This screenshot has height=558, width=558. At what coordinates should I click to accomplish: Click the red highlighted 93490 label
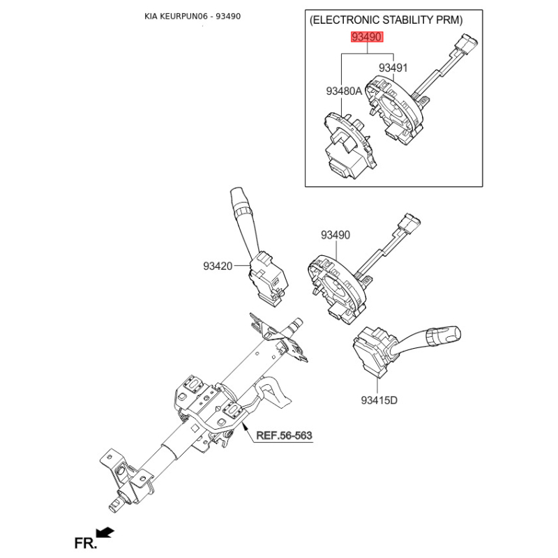(x=367, y=37)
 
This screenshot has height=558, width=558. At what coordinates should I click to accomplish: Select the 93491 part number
(x=393, y=68)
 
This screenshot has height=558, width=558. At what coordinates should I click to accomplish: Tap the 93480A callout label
(x=344, y=91)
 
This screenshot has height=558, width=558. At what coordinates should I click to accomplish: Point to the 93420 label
(x=218, y=266)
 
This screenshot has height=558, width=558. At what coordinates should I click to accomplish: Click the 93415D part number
(x=379, y=400)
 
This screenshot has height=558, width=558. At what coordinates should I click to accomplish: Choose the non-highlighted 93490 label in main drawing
(x=335, y=235)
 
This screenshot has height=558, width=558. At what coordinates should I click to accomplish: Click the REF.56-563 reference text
(x=284, y=435)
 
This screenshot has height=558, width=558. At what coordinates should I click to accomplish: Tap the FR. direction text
(x=85, y=543)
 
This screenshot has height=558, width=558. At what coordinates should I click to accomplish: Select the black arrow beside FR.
(x=105, y=533)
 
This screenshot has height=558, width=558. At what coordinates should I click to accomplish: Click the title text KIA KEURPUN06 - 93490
(x=193, y=16)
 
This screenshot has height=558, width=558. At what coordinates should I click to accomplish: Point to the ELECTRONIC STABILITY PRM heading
(x=386, y=20)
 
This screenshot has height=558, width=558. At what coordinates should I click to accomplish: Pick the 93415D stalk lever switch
(x=398, y=349)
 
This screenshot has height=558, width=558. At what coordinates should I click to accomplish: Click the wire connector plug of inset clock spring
(x=468, y=43)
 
